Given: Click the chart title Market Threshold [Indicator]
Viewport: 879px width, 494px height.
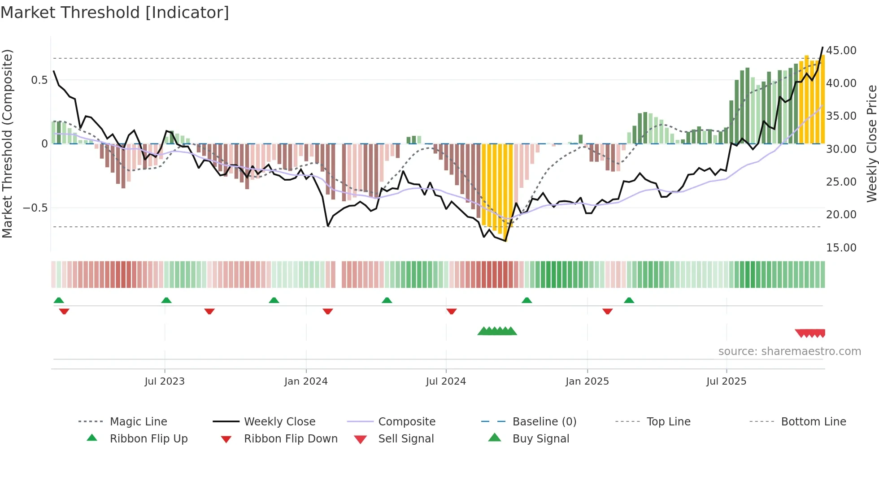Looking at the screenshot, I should pyautogui.click(x=115, y=13).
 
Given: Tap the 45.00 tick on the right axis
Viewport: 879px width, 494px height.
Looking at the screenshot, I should pyautogui.click(x=841, y=51).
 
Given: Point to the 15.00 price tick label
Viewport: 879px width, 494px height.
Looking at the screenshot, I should pyautogui.click(x=841, y=248).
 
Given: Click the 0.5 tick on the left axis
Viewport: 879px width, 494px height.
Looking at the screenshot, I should pyautogui.click(x=39, y=80).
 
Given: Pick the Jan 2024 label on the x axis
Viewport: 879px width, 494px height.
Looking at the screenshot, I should pyautogui.click(x=306, y=381).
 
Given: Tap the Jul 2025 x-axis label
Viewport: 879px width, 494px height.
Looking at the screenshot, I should pyautogui.click(x=726, y=381).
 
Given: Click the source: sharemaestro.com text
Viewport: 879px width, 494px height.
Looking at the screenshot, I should pyautogui.click(x=789, y=351).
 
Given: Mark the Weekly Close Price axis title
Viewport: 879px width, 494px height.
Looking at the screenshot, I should pyautogui.click(x=871, y=143).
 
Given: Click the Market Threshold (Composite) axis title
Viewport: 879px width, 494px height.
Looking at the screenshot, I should pyautogui.click(x=7, y=143).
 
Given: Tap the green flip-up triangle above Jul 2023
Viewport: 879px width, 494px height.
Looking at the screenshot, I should pyautogui.click(x=166, y=300).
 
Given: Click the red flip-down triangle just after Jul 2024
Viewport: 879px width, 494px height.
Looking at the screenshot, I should pyautogui.click(x=452, y=311).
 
